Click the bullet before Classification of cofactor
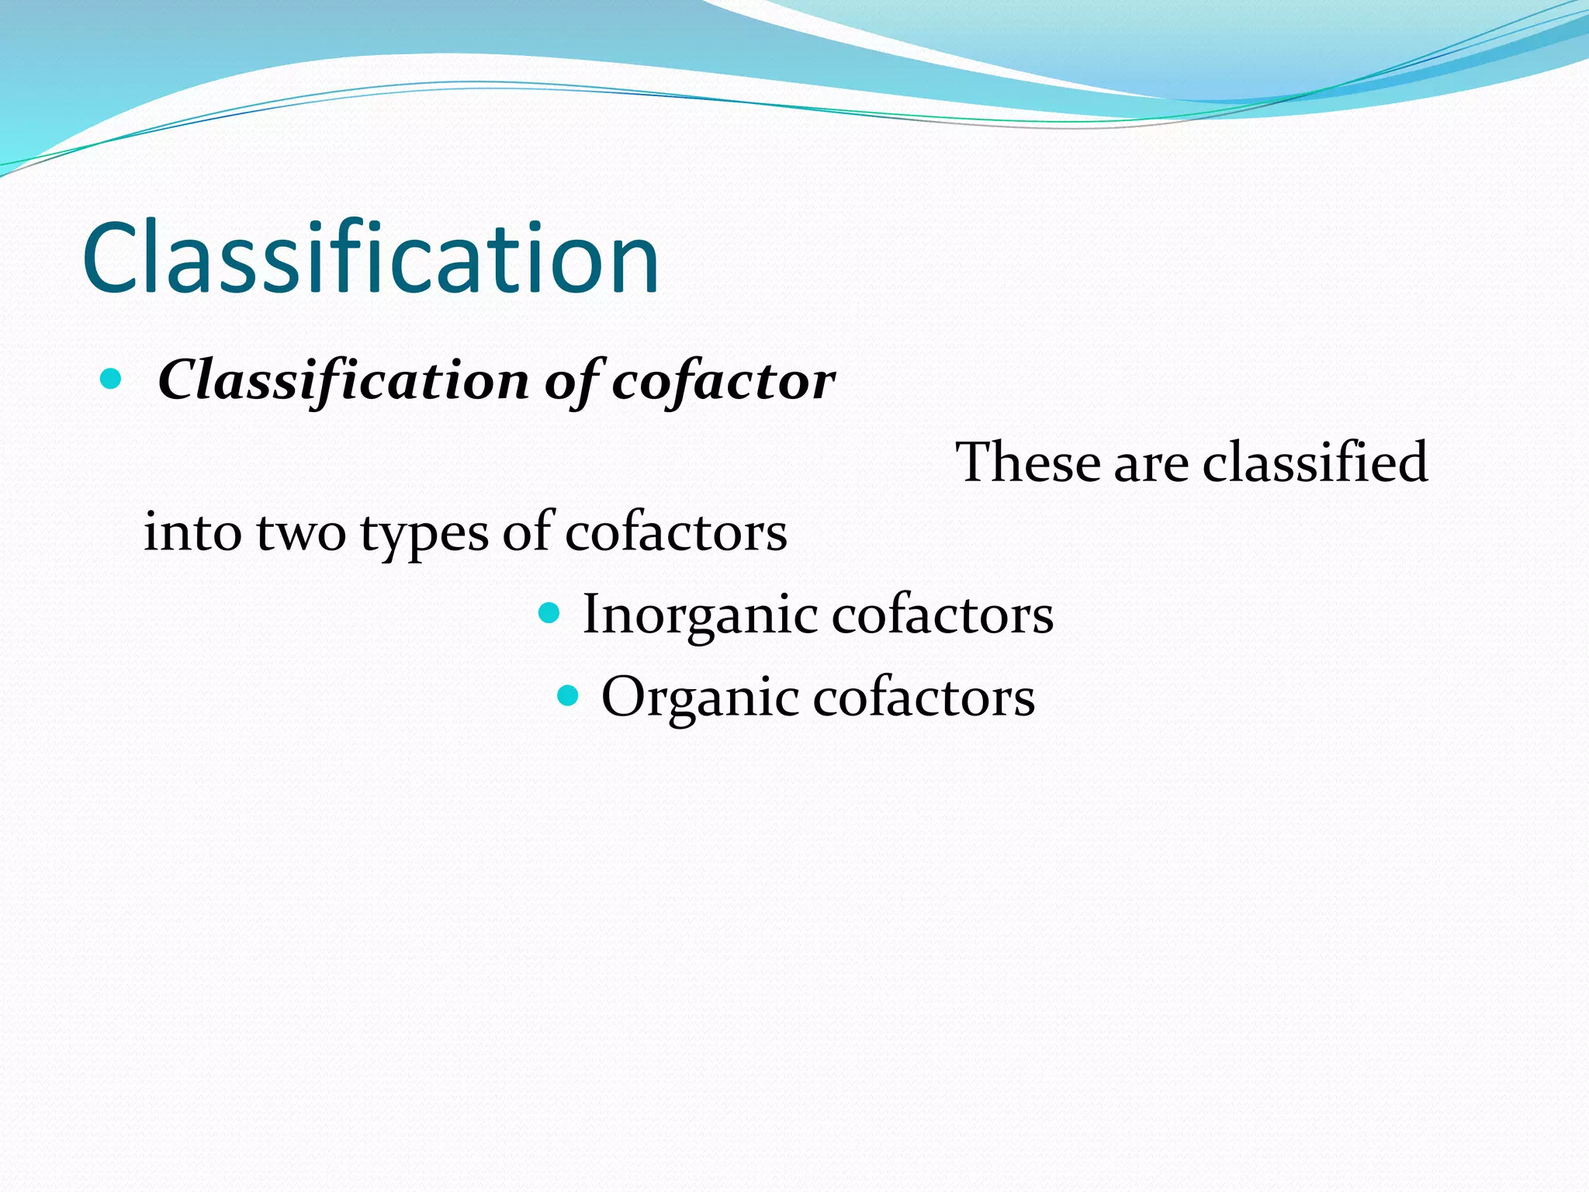(x=111, y=379)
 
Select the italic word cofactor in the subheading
(x=723, y=381)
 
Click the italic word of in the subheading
(x=573, y=381)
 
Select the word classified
(x=1315, y=463)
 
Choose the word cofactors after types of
(x=675, y=533)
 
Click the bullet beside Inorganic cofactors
(x=549, y=614)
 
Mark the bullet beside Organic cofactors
(x=568, y=695)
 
